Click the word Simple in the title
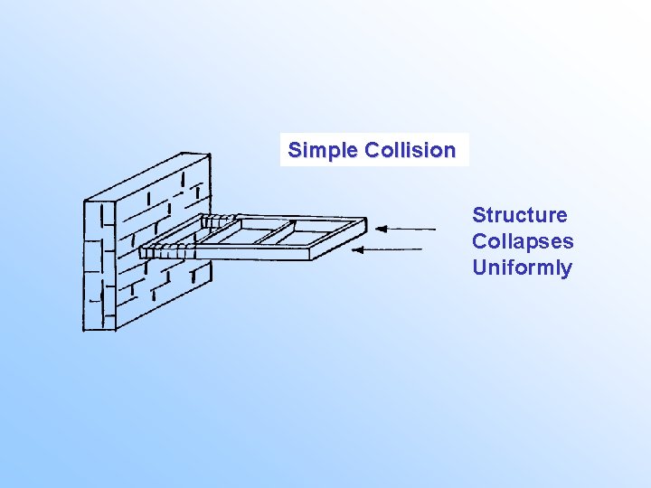point(323,151)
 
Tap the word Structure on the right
point(520,215)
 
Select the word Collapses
point(523,241)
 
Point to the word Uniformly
point(522,267)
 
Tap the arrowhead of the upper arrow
point(382,230)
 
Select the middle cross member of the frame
point(271,233)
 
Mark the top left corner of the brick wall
point(85,201)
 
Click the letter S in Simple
point(294,151)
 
